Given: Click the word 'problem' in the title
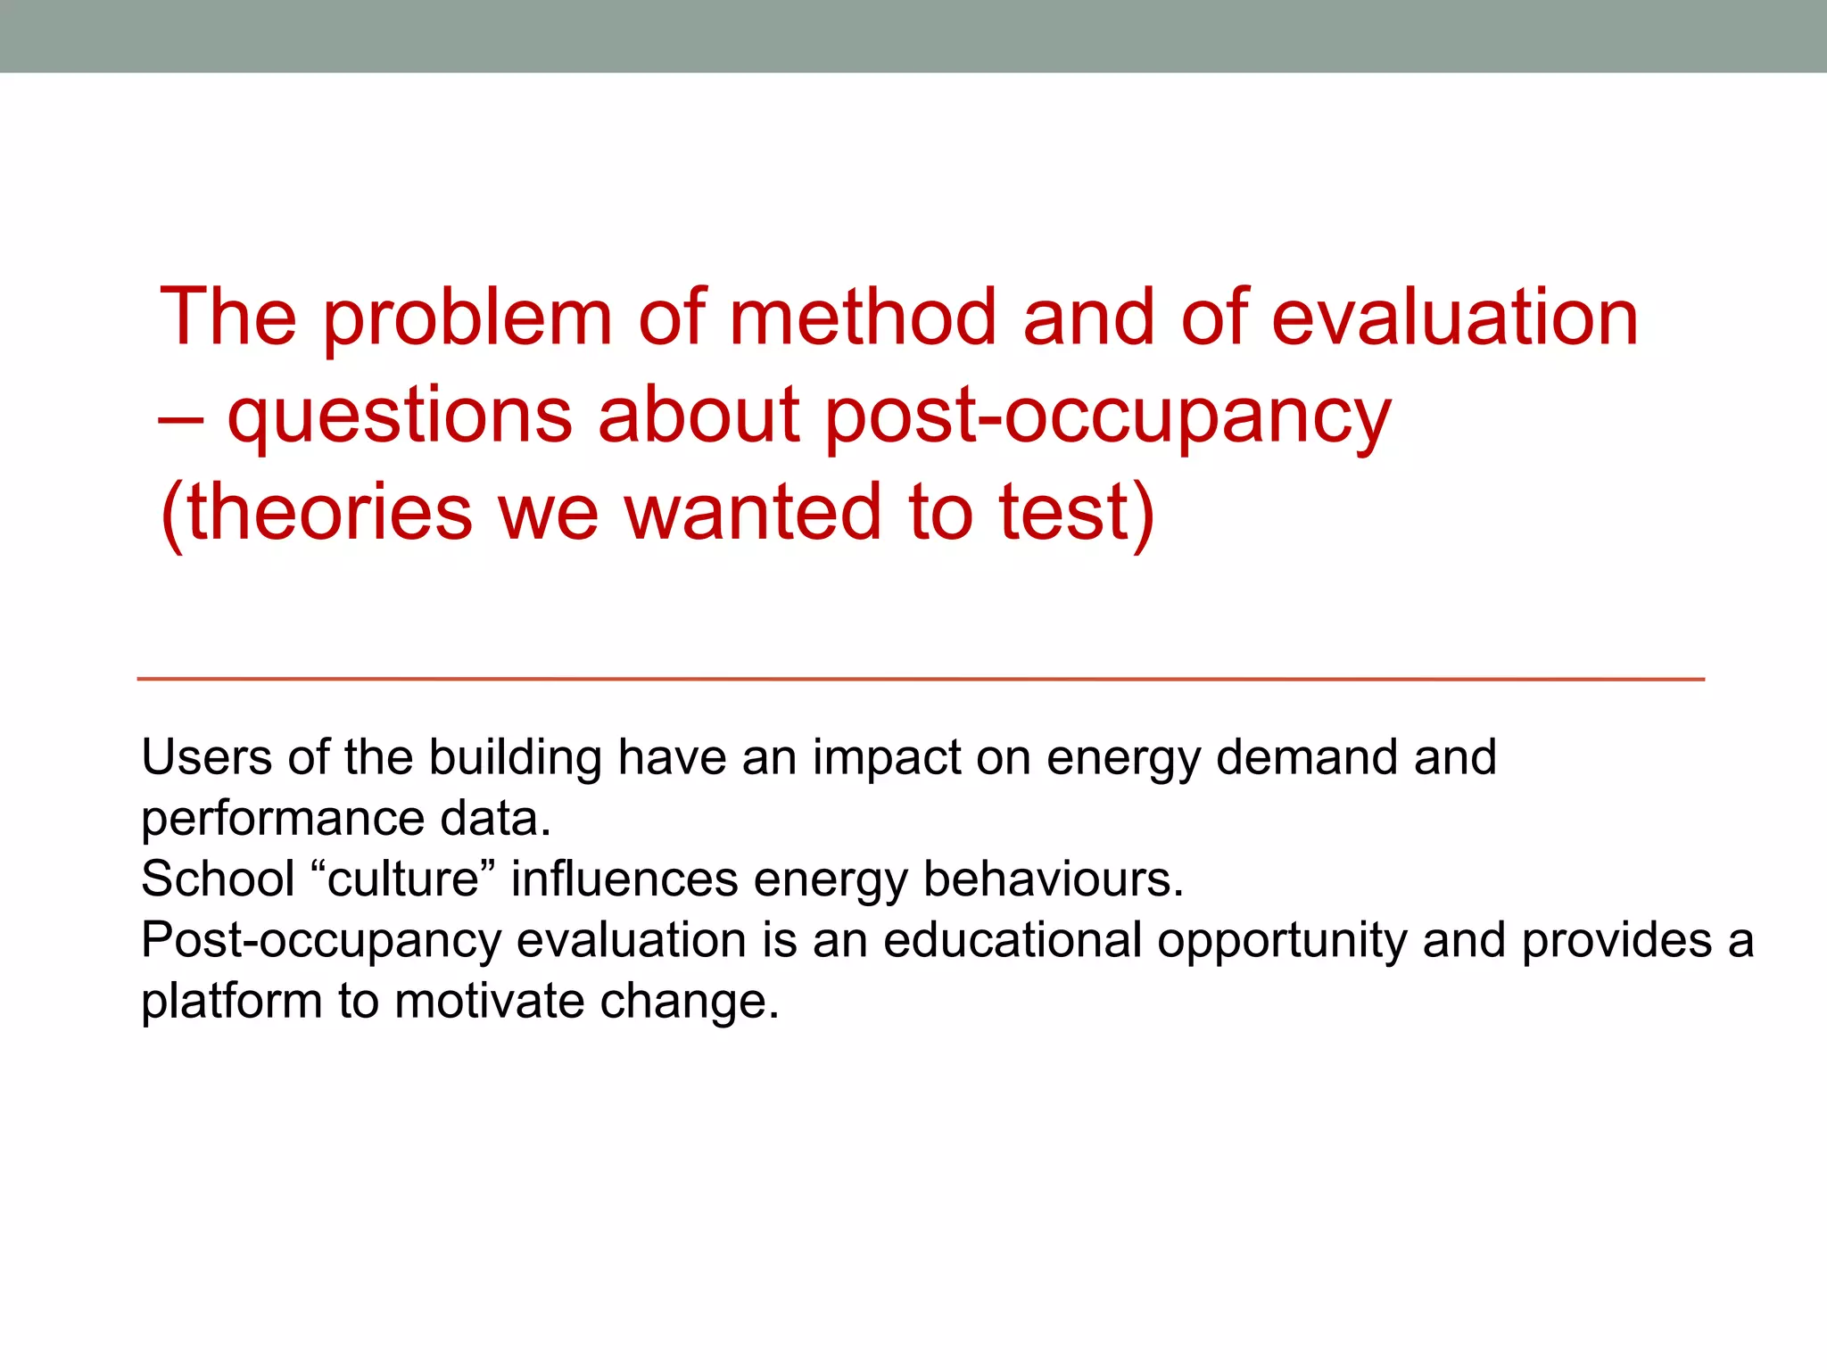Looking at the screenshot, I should [x=467, y=319].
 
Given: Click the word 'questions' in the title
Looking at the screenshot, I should [x=400, y=417].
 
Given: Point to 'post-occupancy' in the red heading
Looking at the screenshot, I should [x=1107, y=417].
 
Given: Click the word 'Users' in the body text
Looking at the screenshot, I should [x=206, y=758].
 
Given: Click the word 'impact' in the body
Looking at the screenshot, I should [x=887, y=758].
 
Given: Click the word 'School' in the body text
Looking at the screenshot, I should [x=218, y=879].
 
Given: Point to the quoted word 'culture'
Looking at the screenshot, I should [x=403, y=879].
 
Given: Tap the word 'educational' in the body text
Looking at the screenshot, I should [x=1013, y=941].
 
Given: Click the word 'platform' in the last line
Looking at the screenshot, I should [x=231, y=1002].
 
